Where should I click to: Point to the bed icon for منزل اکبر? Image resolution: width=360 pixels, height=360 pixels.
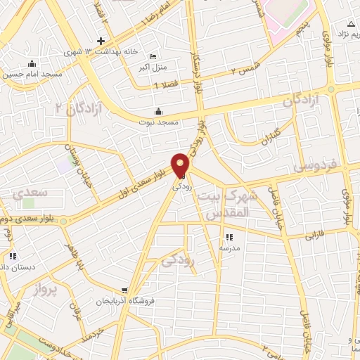click(153, 57)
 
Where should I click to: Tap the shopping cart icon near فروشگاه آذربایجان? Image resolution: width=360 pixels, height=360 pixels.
click(124, 290)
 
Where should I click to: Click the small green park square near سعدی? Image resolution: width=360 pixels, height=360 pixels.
click(27, 203)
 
